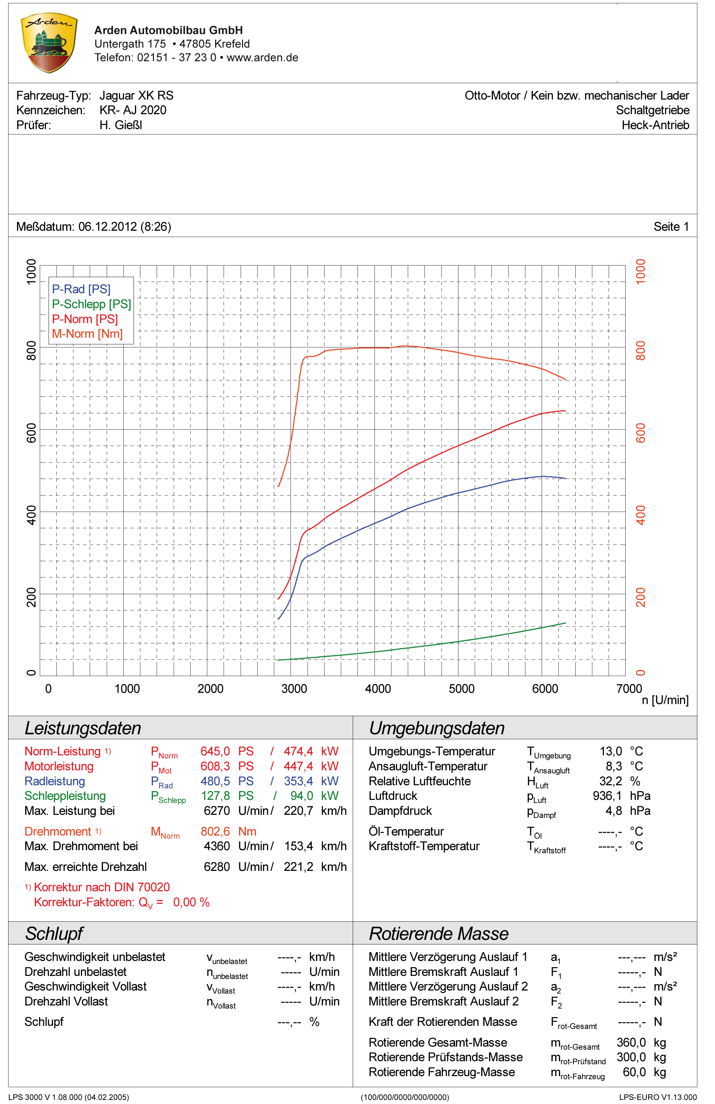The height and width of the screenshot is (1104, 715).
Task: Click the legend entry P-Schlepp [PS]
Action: (91, 304)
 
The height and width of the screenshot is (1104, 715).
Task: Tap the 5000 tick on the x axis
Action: (461, 689)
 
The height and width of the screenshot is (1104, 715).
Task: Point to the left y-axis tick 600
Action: (31, 433)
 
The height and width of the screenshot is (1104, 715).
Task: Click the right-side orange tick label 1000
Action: (640, 271)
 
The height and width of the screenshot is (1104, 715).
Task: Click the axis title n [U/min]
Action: (665, 700)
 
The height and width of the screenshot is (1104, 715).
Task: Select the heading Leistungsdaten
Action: (83, 728)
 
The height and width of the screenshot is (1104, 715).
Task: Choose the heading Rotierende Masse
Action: (438, 934)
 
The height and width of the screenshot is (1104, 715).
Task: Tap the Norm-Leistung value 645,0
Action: (215, 752)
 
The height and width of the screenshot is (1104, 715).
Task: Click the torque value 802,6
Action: (215, 831)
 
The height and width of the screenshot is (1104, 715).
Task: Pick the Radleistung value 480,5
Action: (215, 781)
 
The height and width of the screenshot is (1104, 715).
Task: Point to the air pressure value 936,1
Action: (607, 796)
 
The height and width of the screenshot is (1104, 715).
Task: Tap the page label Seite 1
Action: (671, 227)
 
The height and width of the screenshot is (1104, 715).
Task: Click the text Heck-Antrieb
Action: (655, 125)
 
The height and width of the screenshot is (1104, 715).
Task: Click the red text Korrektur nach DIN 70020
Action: (102, 887)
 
